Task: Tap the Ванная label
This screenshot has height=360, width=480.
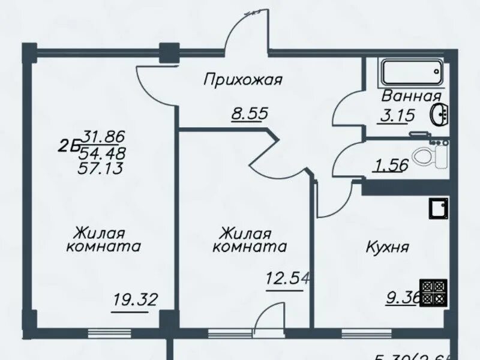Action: [412, 95]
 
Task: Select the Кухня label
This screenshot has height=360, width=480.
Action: [388, 246]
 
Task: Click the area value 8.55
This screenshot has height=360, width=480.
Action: [250, 113]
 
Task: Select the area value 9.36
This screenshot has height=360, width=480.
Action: [402, 296]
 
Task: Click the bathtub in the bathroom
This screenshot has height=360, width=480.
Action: [412, 73]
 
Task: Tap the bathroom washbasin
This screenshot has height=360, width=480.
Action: [439, 114]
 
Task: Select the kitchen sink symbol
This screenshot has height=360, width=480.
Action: [438, 209]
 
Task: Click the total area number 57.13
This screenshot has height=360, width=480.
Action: [100, 168]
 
